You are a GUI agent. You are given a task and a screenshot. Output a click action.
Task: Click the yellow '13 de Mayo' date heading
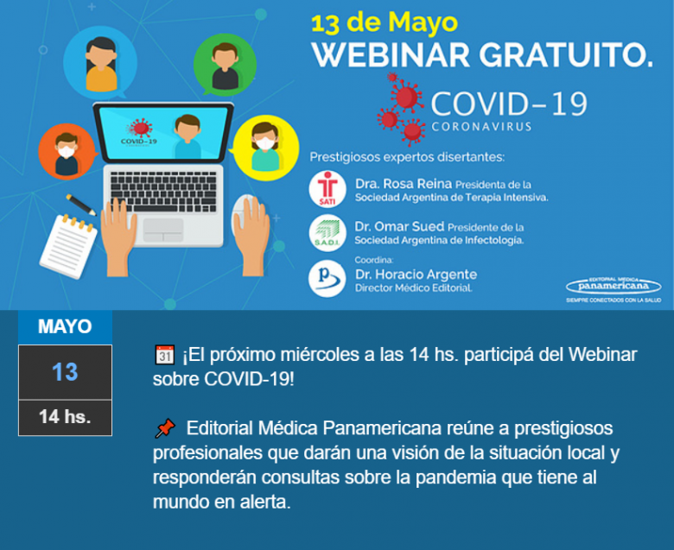384,22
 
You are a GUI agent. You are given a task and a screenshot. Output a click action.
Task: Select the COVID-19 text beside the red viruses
508,104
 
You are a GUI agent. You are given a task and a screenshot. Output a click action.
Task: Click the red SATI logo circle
327,189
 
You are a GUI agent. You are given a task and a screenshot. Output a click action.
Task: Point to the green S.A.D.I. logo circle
327,232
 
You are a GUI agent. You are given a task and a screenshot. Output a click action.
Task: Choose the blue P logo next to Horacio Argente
327,278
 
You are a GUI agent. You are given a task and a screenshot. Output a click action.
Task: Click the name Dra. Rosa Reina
393,184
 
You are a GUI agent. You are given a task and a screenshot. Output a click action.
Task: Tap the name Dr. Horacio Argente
416,275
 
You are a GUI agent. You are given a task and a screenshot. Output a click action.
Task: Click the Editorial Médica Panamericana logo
614,286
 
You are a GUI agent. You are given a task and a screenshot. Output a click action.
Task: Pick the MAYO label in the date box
65,327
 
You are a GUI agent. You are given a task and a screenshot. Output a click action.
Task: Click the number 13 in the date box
65,372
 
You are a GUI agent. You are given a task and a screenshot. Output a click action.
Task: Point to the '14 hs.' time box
65,417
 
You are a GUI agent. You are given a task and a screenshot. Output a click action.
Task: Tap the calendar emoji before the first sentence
164,355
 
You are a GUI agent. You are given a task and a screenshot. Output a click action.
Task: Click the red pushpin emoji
164,427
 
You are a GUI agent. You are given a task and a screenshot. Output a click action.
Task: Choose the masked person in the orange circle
67,152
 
